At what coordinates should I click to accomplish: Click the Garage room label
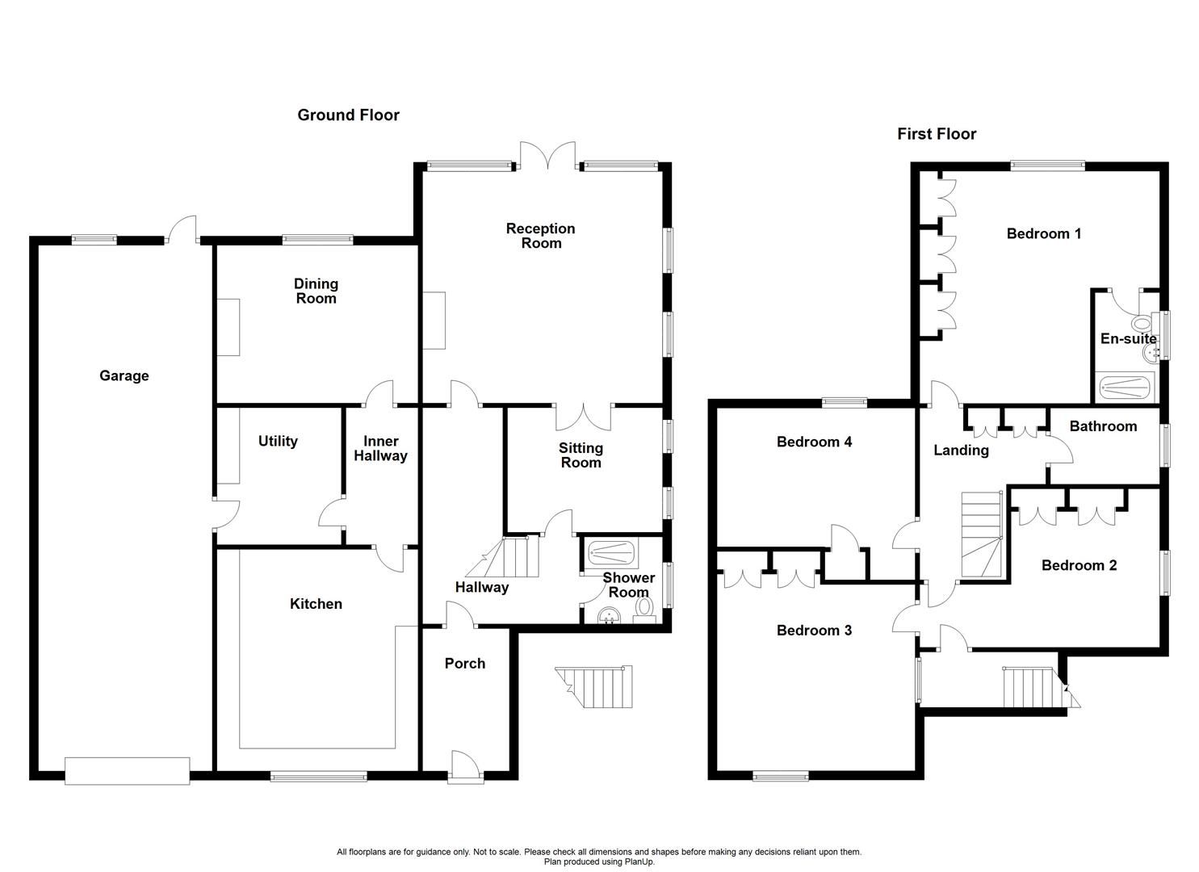[x=124, y=375]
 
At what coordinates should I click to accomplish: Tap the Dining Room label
[x=316, y=291]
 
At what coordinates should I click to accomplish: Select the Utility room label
[x=278, y=441]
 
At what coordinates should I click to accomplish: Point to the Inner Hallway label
[x=380, y=448]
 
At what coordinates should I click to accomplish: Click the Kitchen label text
[x=316, y=604]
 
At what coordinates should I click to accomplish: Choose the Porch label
[x=465, y=664]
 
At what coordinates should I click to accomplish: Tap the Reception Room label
[x=541, y=236]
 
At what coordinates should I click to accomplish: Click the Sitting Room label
[x=581, y=455]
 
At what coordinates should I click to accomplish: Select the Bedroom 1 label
[x=1044, y=234]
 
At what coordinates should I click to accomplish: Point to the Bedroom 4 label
[x=814, y=442]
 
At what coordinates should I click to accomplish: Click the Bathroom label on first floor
[x=1103, y=426]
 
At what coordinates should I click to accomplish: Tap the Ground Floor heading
[x=348, y=115]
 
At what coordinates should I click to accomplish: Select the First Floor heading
[x=937, y=134]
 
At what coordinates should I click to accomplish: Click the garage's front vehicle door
[x=128, y=770]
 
